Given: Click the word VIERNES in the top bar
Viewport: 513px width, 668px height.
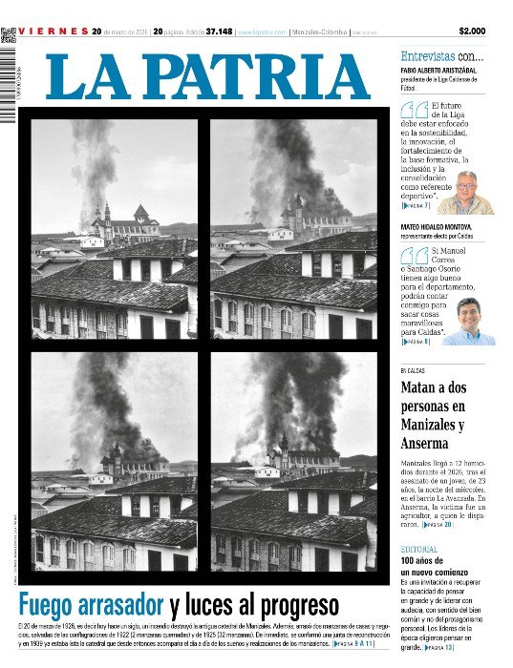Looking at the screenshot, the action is click(52, 31).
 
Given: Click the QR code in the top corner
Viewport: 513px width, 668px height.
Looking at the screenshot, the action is click(9, 35).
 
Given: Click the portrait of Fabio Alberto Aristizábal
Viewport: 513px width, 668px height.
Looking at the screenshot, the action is click(468, 193).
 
